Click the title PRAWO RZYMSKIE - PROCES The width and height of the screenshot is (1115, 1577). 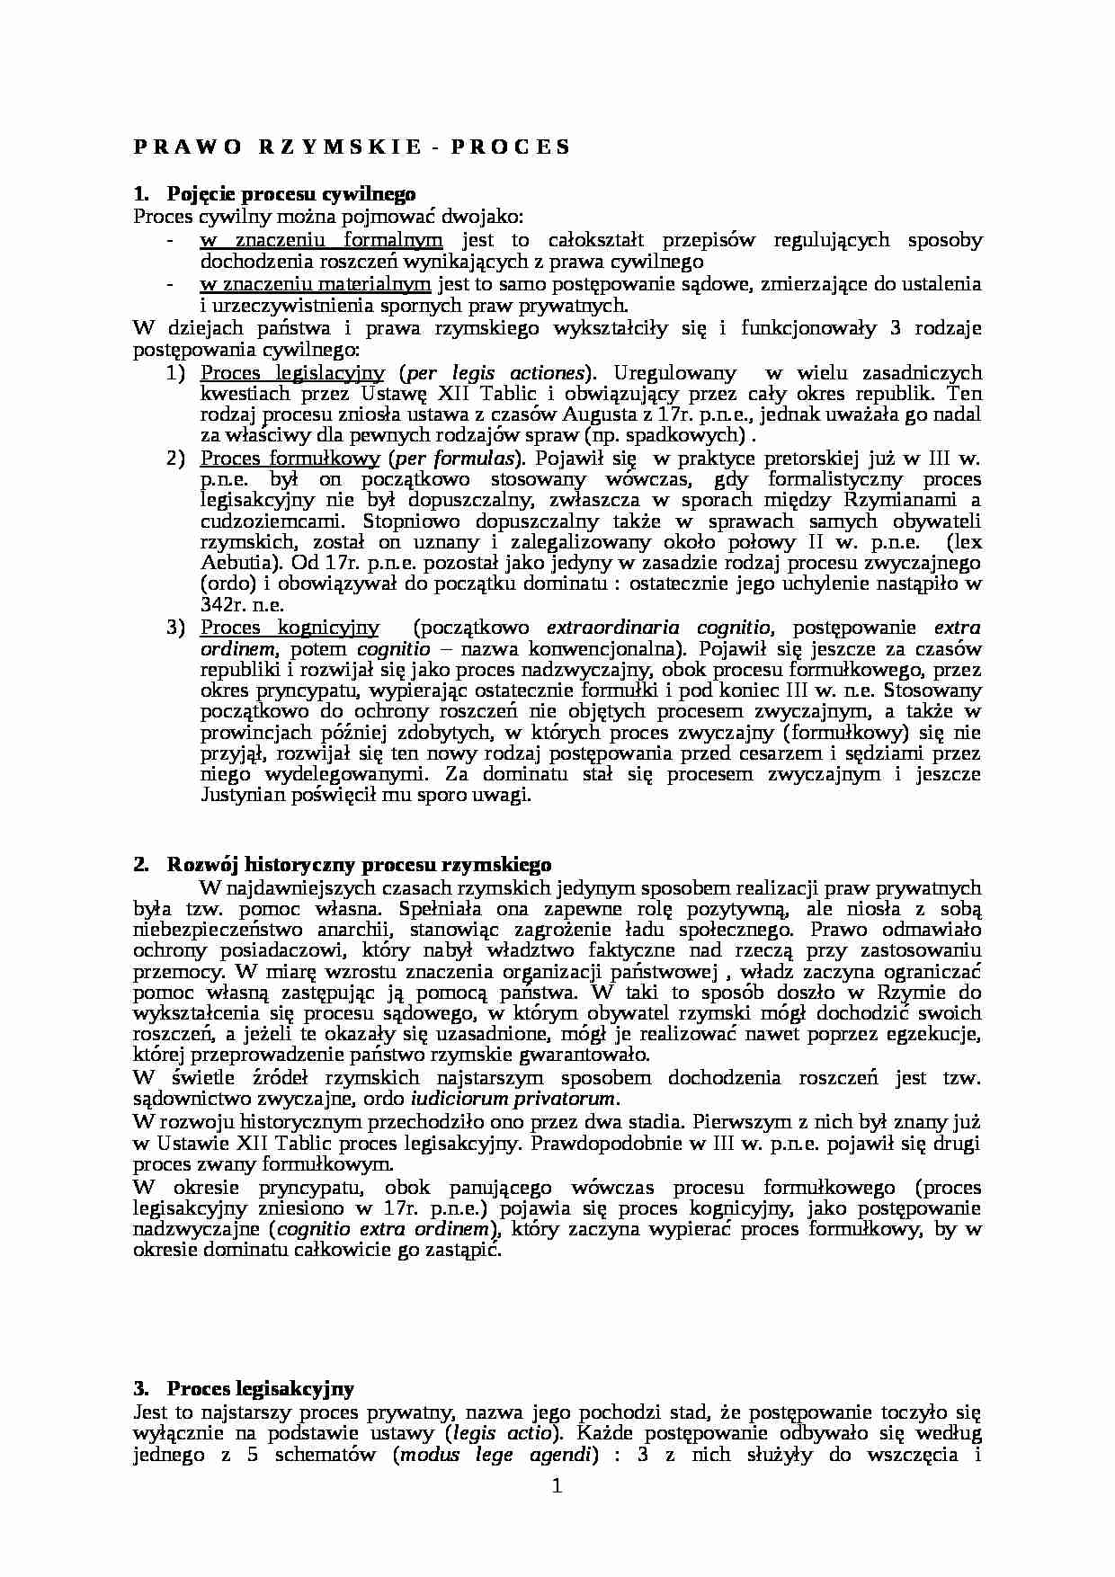[x=352, y=147]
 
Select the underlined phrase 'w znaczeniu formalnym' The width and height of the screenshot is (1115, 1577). [x=321, y=240]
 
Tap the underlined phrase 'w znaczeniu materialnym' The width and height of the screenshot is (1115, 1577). [x=316, y=284]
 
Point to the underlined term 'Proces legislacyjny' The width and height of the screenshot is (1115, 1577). [x=292, y=372]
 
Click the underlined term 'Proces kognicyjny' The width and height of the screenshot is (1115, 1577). [x=290, y=628]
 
